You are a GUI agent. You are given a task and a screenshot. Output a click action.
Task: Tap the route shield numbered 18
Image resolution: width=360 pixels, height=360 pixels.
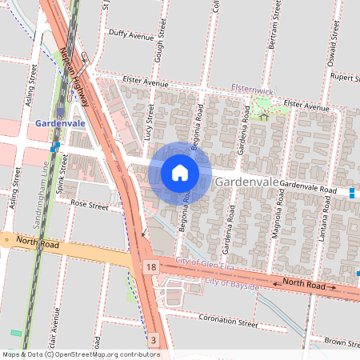click(150, 266)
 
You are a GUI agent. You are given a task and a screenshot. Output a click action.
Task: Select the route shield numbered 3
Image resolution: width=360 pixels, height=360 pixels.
click(153, 341)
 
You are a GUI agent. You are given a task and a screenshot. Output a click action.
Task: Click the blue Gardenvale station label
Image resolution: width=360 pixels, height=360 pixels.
click(60, 123)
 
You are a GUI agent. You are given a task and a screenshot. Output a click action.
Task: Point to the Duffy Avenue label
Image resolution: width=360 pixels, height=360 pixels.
click(130, 36)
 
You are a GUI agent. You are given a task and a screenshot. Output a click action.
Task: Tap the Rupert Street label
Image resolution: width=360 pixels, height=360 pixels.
click(343, 78)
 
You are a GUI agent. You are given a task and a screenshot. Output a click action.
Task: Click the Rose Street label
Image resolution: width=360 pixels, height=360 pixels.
click(89, 206)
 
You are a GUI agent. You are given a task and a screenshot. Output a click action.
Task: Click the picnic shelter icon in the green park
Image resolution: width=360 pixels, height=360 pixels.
click(264, 117)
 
